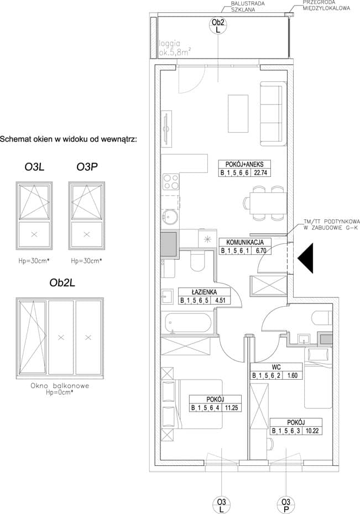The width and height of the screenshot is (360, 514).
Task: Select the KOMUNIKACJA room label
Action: pos(245,243)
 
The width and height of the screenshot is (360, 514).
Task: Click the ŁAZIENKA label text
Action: pos(204,292)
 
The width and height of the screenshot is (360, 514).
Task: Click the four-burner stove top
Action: pos(171,182)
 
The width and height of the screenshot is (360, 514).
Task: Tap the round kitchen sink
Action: pos(170,216)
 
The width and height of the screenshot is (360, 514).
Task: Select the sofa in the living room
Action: pos(272,113)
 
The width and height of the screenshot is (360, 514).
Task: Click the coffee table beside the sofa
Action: pos(238,113)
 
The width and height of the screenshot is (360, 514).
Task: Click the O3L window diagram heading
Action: pos(34,167)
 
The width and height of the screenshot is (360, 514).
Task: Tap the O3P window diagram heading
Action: pos(87,167)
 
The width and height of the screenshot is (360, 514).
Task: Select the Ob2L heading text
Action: pos(62,282)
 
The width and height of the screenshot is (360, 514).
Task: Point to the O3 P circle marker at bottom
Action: pos(285,505)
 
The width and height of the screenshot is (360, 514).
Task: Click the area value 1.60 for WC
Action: pos(292,375)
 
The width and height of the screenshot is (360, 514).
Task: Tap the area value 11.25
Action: pos(232,408)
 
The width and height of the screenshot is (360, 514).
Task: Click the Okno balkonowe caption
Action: pos(60,386)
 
